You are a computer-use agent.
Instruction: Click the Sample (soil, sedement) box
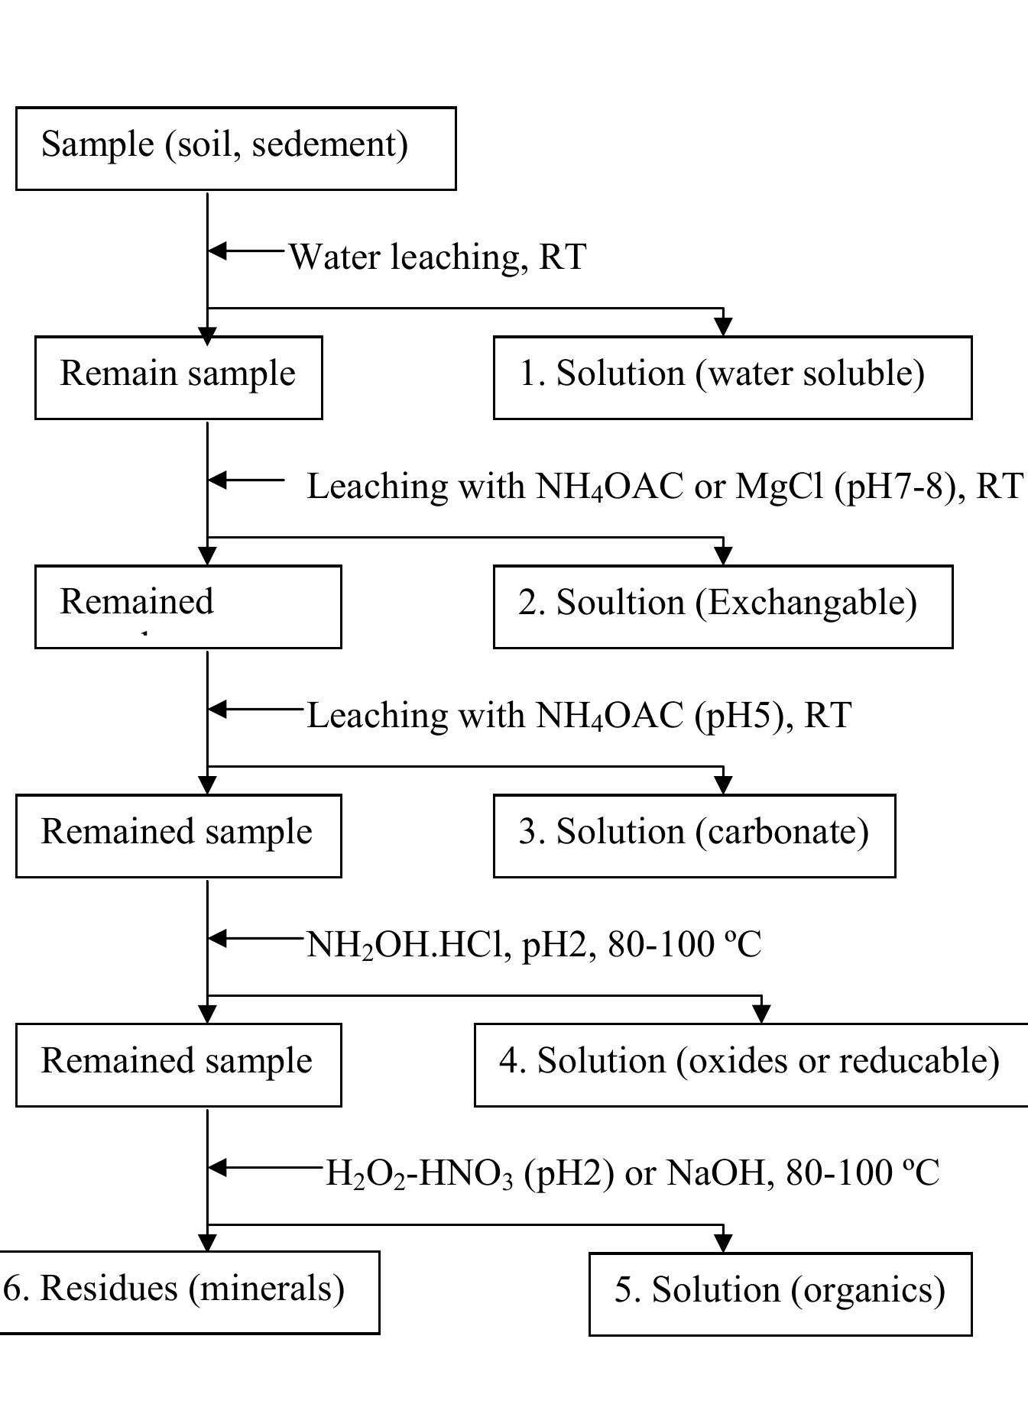235,148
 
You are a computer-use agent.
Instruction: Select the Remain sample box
178,377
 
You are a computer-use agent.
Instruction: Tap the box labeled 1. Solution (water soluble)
731,377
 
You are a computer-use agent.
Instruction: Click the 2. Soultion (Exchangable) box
722,606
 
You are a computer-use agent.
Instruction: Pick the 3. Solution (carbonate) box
693,836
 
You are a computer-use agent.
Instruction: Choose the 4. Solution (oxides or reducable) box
751,1065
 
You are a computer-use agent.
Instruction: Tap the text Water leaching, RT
437,257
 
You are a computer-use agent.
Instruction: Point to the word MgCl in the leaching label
780,487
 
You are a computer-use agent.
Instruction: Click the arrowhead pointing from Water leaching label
217,250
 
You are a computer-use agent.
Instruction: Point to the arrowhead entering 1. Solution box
723,327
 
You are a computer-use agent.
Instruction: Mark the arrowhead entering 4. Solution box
761,1014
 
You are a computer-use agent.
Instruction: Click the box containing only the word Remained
187,606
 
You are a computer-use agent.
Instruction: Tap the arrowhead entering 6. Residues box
207,1242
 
